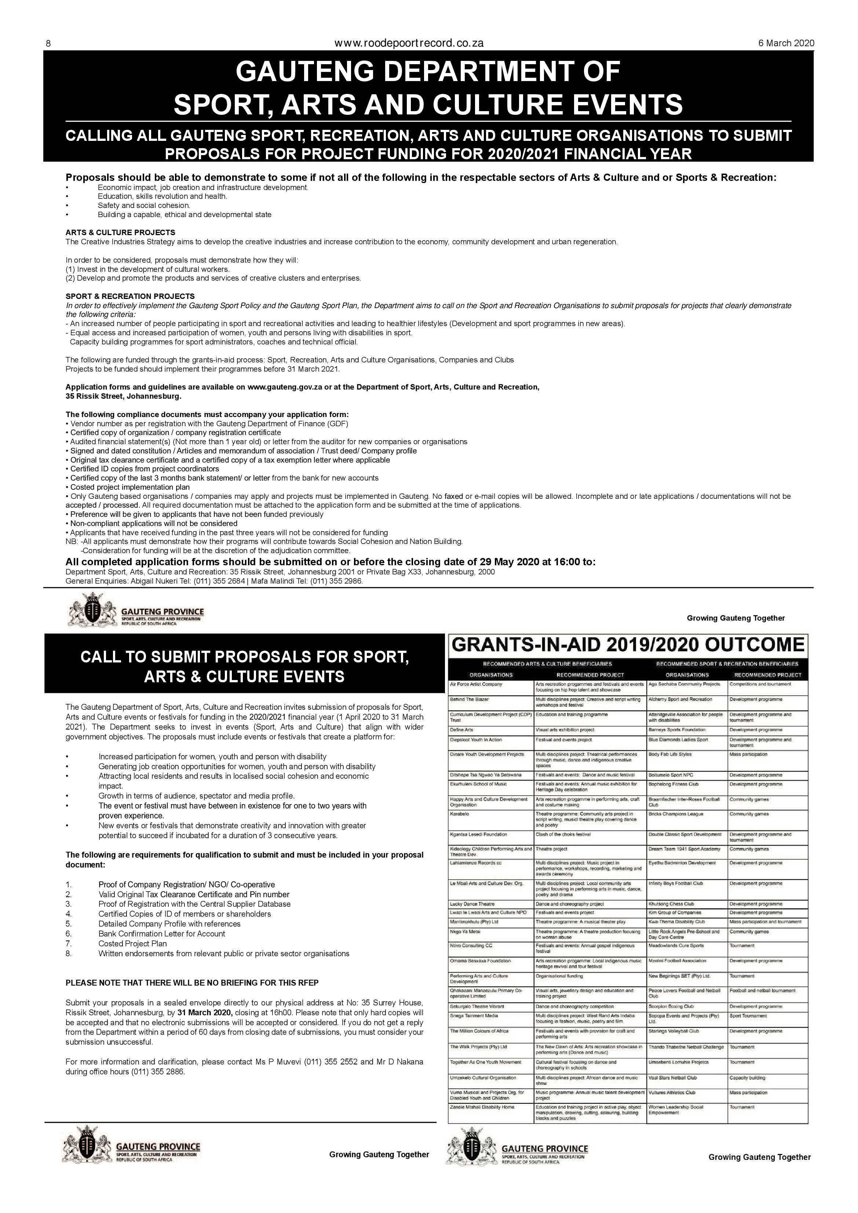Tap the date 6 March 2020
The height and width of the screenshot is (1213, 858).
pos(786,43)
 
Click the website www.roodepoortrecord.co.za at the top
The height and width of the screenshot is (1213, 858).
pos(409,43)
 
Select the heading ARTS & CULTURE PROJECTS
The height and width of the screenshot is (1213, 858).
pos(120,233)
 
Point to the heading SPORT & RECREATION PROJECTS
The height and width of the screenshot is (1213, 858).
pos(130,296)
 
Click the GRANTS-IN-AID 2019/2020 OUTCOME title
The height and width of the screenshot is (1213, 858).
pos(628,645)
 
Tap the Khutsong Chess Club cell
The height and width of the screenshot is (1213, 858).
pos(671,904)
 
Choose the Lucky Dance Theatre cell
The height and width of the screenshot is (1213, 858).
pos(472,904)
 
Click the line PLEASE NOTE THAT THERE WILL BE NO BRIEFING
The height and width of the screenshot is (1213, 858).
pos(192,983)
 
